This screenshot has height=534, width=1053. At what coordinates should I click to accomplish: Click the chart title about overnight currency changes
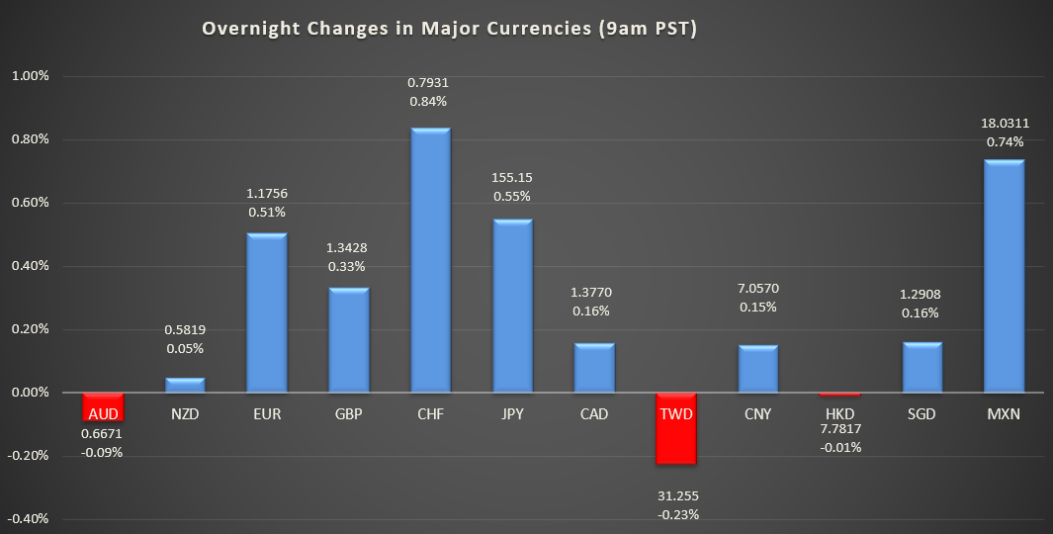(x=450, y=29)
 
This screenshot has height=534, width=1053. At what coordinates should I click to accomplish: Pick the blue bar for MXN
(x=1004, y=276)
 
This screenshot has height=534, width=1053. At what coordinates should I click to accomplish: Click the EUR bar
(x=266, y=312)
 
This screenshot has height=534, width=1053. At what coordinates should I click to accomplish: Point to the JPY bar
(x=512, y=306)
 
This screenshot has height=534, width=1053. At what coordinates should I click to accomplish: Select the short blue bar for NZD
(x=185, y=385)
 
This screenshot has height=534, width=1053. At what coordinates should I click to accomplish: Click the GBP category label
(x=348, y=414)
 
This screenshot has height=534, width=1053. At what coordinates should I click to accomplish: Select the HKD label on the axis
(x=840, y=414)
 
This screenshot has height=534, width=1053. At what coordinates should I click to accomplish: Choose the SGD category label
(x=922, y=414)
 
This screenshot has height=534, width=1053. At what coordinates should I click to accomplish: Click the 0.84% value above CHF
(x=430, y=101)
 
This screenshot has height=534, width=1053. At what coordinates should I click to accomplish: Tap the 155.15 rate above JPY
(x=512, y=178)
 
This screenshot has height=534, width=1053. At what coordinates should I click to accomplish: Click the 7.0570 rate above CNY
(x=758, y=288)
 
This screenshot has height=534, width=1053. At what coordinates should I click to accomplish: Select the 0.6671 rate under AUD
(x=103, y=433)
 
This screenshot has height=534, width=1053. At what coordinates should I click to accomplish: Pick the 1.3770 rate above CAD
(x=594, y=293)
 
